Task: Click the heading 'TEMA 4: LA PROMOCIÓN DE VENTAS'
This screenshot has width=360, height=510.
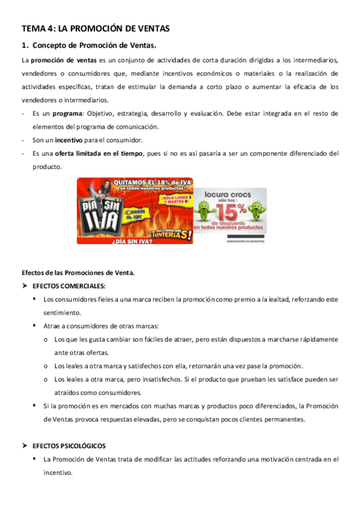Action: (96, 28)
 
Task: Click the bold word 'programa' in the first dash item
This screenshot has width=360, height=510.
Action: (67, 113)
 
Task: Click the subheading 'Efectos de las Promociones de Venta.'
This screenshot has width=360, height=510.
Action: (78, 272)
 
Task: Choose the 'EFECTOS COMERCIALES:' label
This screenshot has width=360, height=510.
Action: (69, 286)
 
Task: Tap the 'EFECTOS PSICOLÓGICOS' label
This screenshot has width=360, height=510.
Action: (69, 446)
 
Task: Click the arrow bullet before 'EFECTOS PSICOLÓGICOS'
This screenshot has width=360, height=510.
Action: (25, 446)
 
